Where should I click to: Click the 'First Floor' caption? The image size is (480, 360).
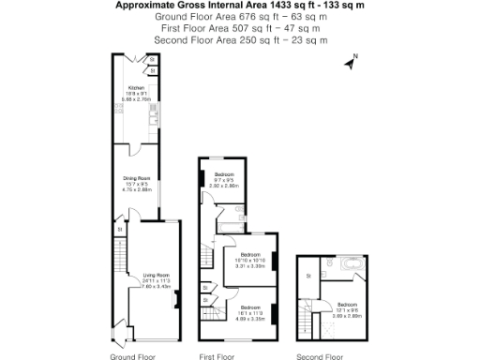(x=216, y=356)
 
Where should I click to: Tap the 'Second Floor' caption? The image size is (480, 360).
(x=320, y=356)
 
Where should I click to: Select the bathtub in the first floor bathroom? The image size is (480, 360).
(x=231, y=226)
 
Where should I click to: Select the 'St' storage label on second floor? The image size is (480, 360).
(x=309, y=276)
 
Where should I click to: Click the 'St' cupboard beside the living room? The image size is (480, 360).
(x=119, y=229)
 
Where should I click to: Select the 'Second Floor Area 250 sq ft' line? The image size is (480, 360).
(x=239, y=40)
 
